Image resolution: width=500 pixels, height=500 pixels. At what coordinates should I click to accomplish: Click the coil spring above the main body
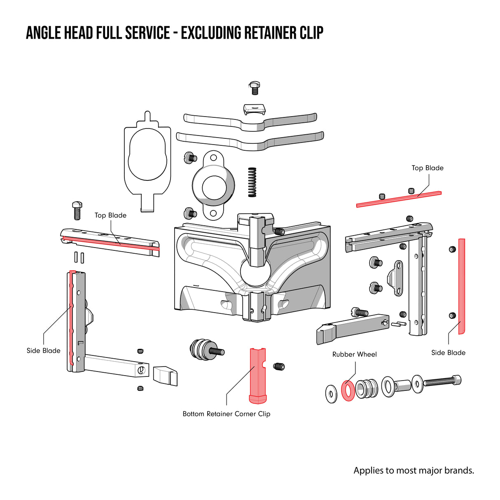click(252, 182)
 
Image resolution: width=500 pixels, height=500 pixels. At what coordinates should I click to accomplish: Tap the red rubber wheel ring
click(348, 390)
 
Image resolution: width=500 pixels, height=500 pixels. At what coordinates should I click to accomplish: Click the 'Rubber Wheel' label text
click(354, 354)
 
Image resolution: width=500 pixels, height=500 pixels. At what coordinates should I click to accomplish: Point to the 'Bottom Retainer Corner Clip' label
click(227, 414)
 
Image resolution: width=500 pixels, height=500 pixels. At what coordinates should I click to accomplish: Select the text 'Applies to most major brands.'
click(414, 470)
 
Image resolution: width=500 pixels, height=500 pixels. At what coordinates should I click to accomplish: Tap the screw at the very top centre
click(255, 88)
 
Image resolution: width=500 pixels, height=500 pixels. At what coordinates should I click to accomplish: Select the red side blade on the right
click(462, 286)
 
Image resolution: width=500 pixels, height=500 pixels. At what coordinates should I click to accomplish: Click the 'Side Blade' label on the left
click(43, 350)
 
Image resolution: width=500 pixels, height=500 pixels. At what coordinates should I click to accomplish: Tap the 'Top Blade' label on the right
click(428, 168)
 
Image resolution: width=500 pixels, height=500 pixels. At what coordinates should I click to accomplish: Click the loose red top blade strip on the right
click(398, 199)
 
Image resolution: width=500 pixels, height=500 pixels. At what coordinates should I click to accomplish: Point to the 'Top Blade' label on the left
click(110, 215)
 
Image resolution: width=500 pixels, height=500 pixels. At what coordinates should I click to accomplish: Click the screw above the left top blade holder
click(77, 210)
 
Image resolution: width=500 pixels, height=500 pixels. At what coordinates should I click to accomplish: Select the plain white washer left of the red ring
click(331, 394)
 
